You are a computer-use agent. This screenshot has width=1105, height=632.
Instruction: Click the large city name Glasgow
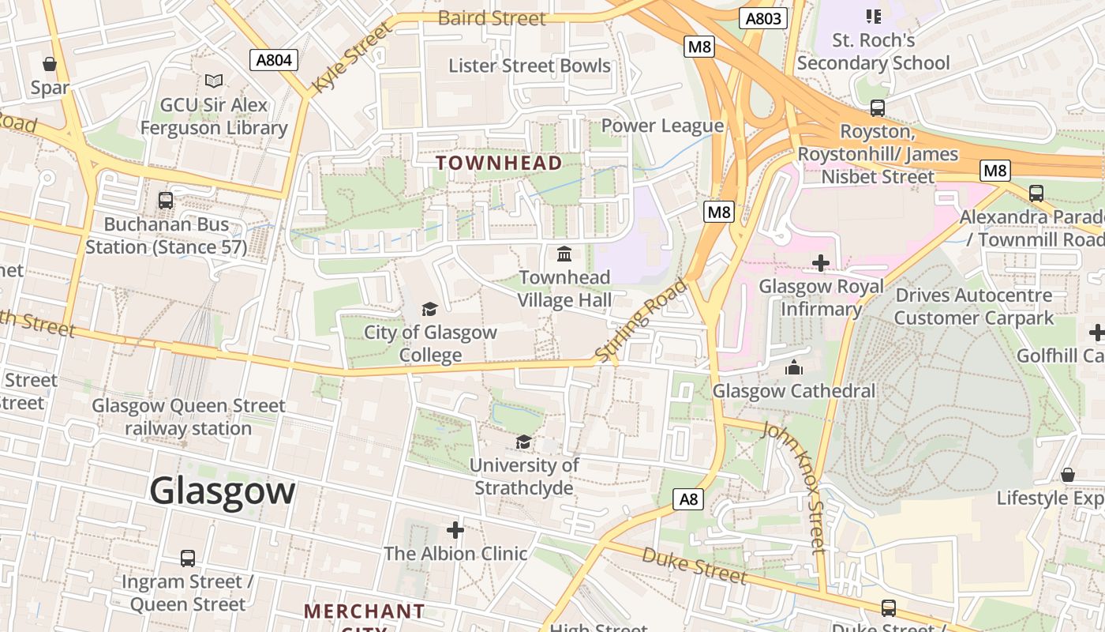click(222, 491)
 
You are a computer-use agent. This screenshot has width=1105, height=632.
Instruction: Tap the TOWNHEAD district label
click(499, 164)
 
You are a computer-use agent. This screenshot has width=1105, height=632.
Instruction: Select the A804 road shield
click(274, 60)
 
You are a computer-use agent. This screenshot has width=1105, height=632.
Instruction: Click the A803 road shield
click(763, 18)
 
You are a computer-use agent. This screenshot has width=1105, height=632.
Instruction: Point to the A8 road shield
click(689, 499)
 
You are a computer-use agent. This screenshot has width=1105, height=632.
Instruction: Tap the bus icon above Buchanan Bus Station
click(166, 201)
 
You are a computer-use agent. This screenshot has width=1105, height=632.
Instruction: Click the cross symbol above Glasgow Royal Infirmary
click(821, 262)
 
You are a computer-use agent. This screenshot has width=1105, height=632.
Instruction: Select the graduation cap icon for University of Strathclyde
click(523, 442)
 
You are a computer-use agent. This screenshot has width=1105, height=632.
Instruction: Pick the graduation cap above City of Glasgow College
click(429, 308)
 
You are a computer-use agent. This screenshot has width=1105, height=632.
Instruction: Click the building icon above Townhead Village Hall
click(564, 254)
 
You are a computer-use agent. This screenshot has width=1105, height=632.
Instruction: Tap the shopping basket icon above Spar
click(50, 64)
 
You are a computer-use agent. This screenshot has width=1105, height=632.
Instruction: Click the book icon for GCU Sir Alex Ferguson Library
click(213, 81)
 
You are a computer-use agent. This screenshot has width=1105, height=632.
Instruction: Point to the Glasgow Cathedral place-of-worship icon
click(794, 367)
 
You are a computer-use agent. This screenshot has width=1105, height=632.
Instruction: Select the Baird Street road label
click(491, 18)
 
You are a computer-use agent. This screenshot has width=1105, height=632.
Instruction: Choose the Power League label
click(662, 126)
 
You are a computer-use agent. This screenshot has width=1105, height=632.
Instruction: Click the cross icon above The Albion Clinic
click(455, 529)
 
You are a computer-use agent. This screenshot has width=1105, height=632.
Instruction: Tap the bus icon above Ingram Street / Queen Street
click(188, 559)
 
